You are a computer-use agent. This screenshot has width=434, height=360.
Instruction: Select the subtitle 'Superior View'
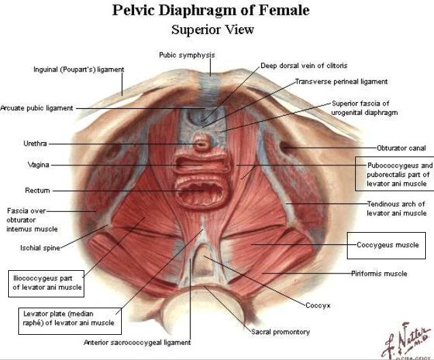(x=213, y=30)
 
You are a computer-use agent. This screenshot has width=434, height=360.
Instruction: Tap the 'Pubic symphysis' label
(x=188, y=54)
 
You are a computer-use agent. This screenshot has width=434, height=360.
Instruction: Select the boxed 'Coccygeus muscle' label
(x=388, y=244)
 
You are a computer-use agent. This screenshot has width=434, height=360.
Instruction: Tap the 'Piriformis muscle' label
(x=380, y=274)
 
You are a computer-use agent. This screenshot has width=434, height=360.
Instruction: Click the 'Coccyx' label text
(x=318, y=306)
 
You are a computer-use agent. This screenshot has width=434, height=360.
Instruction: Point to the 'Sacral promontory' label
(x=280, y=332)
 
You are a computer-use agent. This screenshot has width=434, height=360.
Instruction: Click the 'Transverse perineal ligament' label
(x=341, y=82)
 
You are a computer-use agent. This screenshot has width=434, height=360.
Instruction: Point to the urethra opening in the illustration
(x=203, y=144)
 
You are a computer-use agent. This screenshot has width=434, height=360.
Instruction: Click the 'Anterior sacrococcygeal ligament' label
(x=137, y=342)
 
